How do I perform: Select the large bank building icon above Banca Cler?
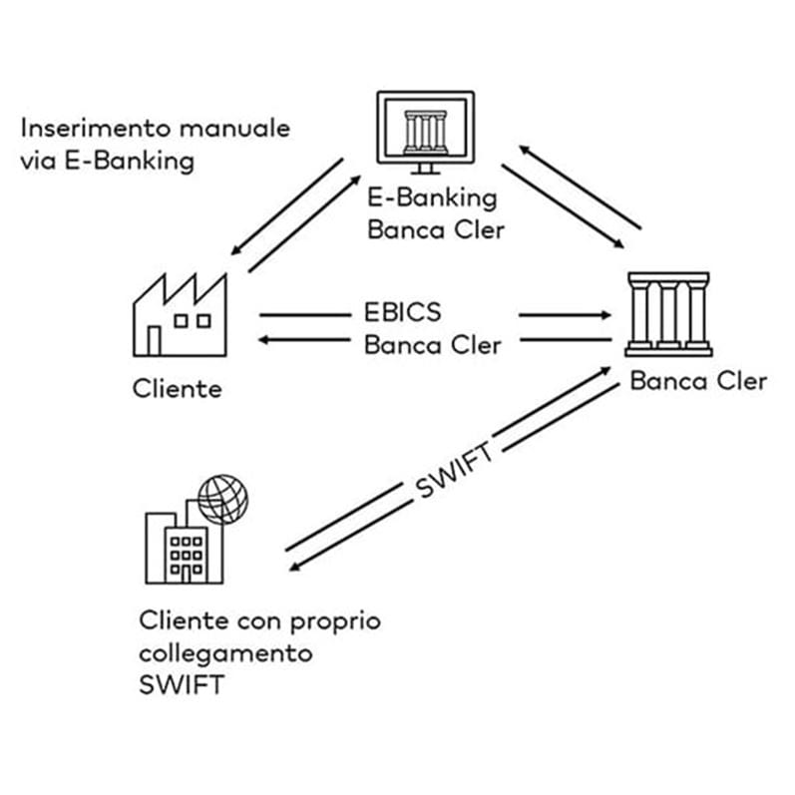667,313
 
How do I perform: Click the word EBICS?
402,312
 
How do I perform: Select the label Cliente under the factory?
177,387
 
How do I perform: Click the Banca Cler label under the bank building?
698,381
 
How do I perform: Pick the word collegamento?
225,654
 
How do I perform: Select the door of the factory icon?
154,341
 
